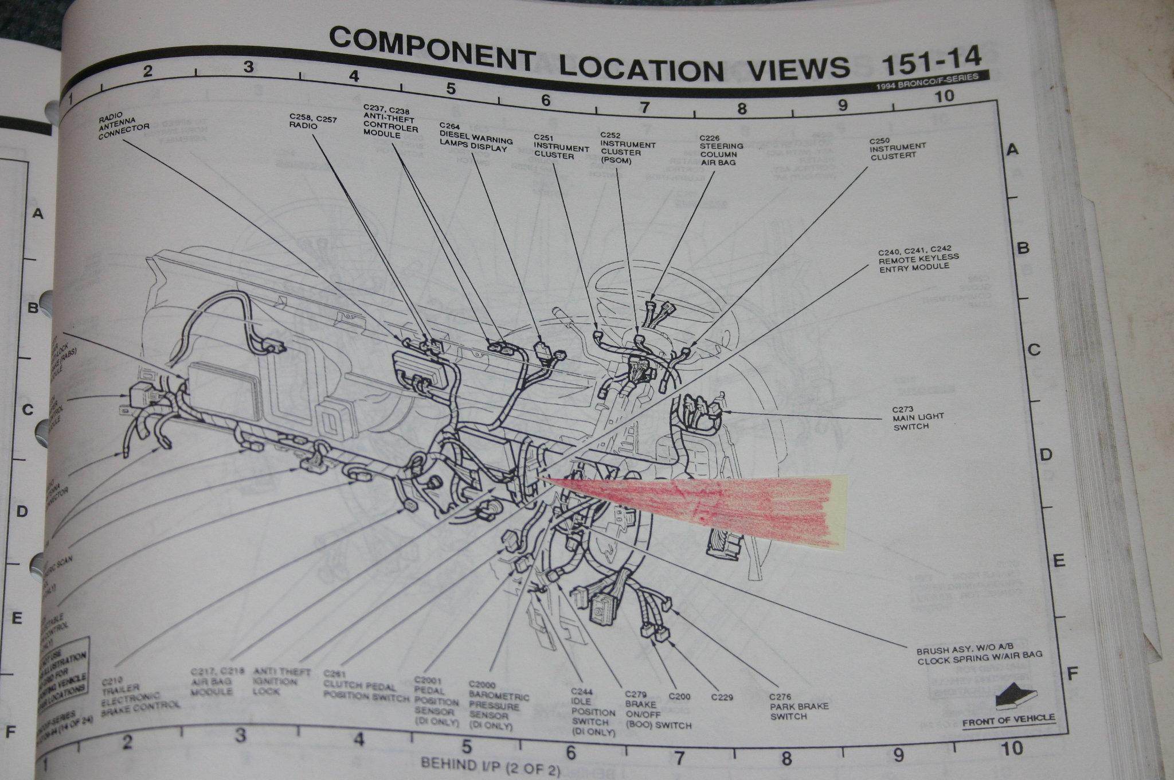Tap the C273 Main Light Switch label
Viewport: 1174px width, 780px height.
click(x=917, y=418)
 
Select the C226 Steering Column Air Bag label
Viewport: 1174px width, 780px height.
click(x=721, y=150)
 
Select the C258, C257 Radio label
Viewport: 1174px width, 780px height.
click(x=312, y=122)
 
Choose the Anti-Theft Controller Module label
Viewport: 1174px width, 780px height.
click(x=390, y=121)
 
